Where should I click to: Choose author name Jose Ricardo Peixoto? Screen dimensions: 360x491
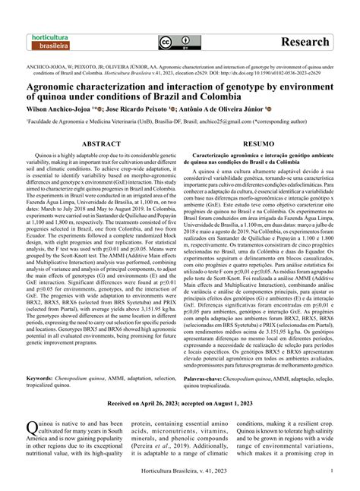point(144,109)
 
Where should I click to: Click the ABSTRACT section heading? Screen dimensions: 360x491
point(103,142)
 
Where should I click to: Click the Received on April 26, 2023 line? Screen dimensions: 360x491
point(180,405)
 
